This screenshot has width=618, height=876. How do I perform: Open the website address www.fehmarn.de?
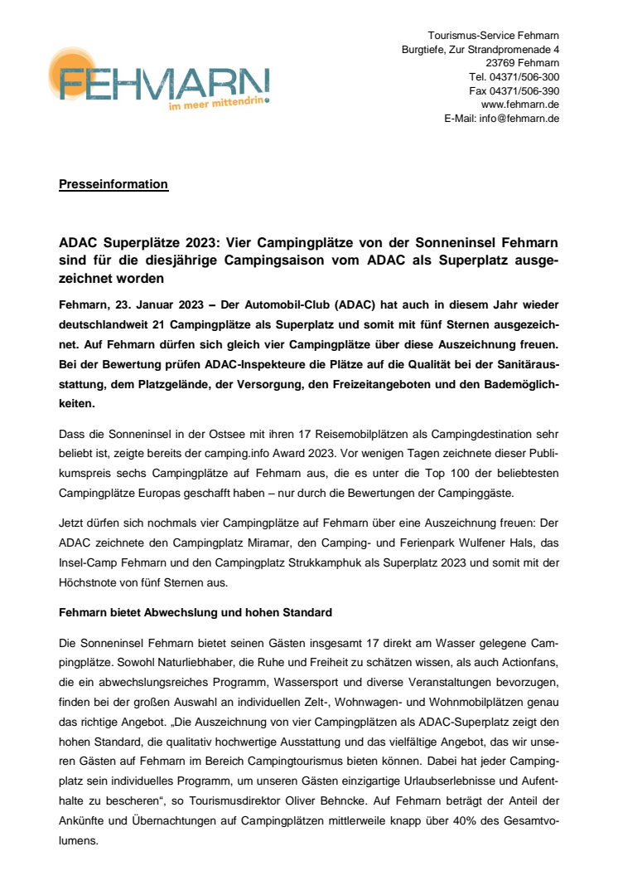[519, 105]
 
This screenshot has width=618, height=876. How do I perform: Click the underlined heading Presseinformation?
[113, 184]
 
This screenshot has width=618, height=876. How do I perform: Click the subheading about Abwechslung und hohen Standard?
[196, 613]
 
